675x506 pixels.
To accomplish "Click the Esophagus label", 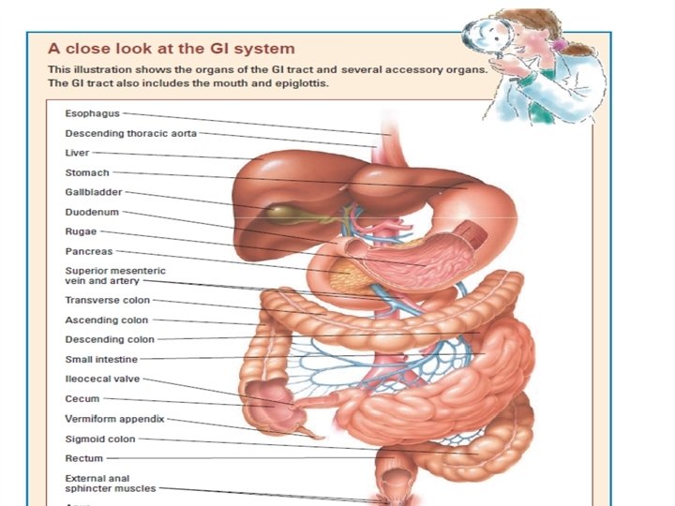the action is pyautogui.click(x=93, y=113).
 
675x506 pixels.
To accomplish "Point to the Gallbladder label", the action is pyautogui.click(x=93, y=192).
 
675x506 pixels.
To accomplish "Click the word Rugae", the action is pyautogui.click(x=81, y=231).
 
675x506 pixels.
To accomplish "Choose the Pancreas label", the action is pyautogui.click(x=88, y=251).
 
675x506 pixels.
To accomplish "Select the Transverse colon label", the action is pyautogui.click(x=107, y=300).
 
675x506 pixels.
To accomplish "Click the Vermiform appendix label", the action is pyautogui.click(x=114, y=419).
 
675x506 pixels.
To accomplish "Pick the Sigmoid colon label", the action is pyautogui.click(x=100, y=439).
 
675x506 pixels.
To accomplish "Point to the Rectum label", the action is pyautogui.click(x=83, y=458).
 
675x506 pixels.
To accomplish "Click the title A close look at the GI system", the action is pyautogui.click(x=172, y=48).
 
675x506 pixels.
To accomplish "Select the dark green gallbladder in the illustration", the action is pyautogui.click(x=278, y=214).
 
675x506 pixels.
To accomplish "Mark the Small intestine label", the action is pyautogui.click(x=101, y=359).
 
